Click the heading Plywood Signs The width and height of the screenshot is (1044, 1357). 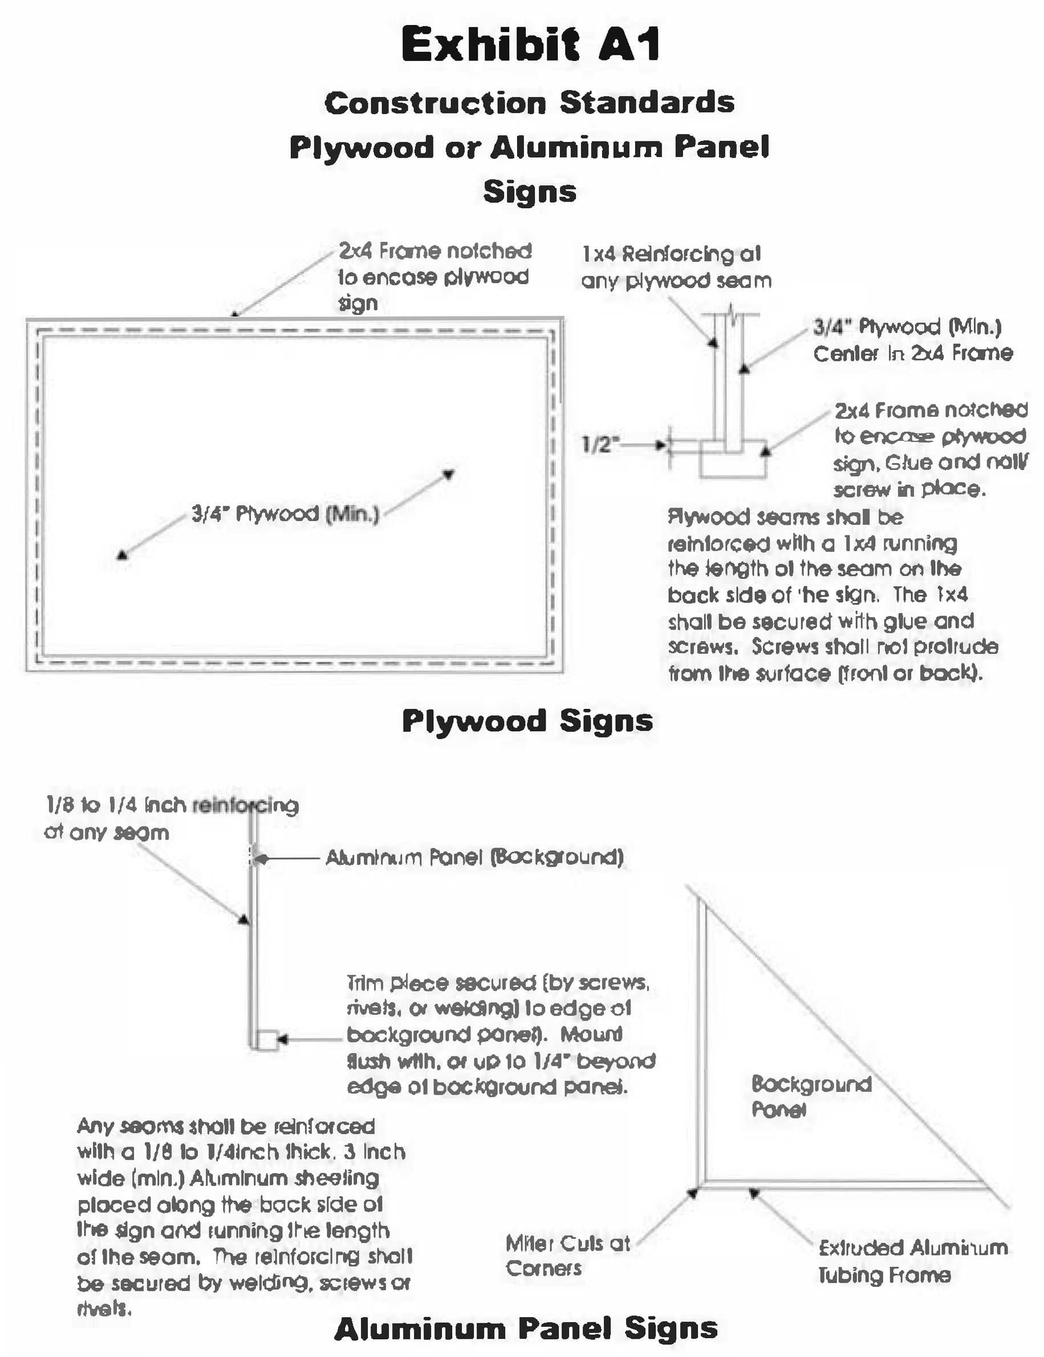coord(527,721)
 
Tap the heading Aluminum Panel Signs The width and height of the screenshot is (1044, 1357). coord(526,1328)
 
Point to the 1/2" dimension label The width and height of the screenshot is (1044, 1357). coord(600,444)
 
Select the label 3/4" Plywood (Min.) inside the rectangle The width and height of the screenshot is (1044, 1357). coord(285,514)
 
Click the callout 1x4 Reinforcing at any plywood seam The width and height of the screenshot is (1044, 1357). coord(676,267)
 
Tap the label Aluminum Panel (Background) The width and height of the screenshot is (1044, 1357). coord(474,857)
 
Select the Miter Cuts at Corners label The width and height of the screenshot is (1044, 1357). coord(567,1255)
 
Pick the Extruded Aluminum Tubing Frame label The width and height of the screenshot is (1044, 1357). coord(912,1261)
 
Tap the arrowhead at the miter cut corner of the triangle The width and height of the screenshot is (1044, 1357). coord(693,1192)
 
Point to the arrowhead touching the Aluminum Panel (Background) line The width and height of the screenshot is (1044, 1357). coord(262,858)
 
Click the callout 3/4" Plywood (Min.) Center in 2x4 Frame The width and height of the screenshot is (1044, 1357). coord(912,340)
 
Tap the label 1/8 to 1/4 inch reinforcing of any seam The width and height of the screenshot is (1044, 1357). coord(171,819)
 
